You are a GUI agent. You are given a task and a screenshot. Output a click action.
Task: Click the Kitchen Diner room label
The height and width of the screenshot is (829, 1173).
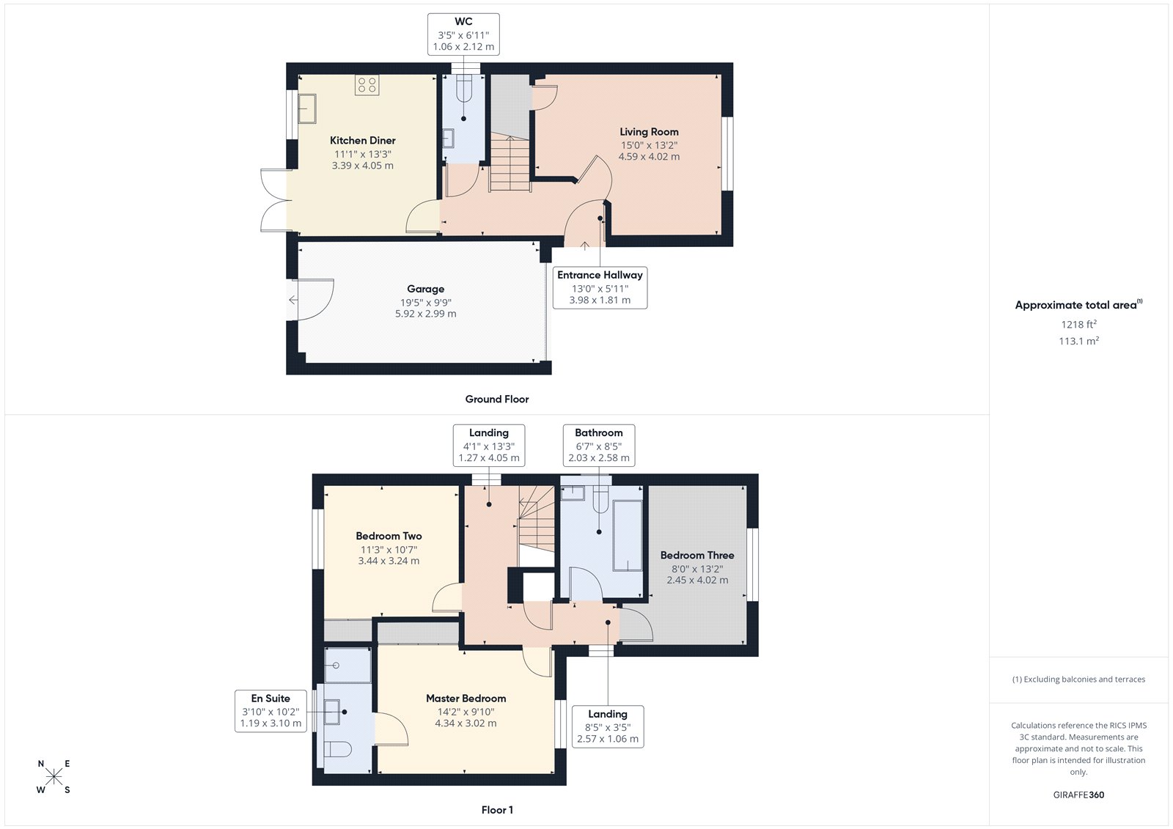(x=362, y=140)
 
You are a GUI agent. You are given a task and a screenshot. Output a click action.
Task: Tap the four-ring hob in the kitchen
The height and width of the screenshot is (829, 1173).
(x=367, y=85)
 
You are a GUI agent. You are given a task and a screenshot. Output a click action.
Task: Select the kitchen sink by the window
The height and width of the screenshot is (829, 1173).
(x=306, y=108)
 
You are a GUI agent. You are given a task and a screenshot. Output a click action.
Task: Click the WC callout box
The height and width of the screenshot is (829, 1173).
(x=463, y=34)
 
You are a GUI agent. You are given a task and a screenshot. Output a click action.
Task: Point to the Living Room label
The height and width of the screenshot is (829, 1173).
(x=649, y=132)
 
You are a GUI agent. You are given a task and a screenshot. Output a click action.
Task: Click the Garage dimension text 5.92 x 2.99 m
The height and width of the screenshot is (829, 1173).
(x=425, y=314)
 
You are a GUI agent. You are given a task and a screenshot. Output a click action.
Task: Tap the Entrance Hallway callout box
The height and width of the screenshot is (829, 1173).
(x=600, y=287)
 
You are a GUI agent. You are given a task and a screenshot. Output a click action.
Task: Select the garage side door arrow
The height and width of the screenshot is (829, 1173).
(x=293, y=300)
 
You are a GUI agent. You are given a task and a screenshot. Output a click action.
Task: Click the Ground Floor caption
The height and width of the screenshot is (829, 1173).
(x=496, y=399)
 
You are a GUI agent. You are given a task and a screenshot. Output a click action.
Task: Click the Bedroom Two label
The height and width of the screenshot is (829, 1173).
(x=389, y=536)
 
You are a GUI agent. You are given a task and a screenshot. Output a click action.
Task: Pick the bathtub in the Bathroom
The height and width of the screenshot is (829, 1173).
(x=628, y=535)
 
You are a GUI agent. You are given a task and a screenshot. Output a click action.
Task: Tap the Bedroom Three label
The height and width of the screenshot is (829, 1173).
(x=696, y=556)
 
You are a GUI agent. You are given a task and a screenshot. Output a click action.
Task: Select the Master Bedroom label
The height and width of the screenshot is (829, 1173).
(x=466, y=699)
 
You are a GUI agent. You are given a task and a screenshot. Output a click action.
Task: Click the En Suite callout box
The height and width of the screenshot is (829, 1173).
(x=271, y=711)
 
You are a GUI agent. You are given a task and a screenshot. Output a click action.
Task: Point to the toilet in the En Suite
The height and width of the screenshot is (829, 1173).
(x=338, y=749)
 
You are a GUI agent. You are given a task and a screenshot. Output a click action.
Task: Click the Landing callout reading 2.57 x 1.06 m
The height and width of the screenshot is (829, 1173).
(x=607, y=726)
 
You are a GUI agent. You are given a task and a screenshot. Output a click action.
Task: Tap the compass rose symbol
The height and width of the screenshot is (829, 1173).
(x=54, y=777)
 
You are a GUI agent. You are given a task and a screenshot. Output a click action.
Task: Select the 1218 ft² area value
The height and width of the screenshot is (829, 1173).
(x=1078, y=324)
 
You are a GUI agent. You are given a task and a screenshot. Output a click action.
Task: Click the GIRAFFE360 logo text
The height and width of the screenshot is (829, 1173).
(x=1078, y=795)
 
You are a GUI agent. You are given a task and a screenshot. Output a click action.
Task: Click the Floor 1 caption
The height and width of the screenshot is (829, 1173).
(x=497, y=810)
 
